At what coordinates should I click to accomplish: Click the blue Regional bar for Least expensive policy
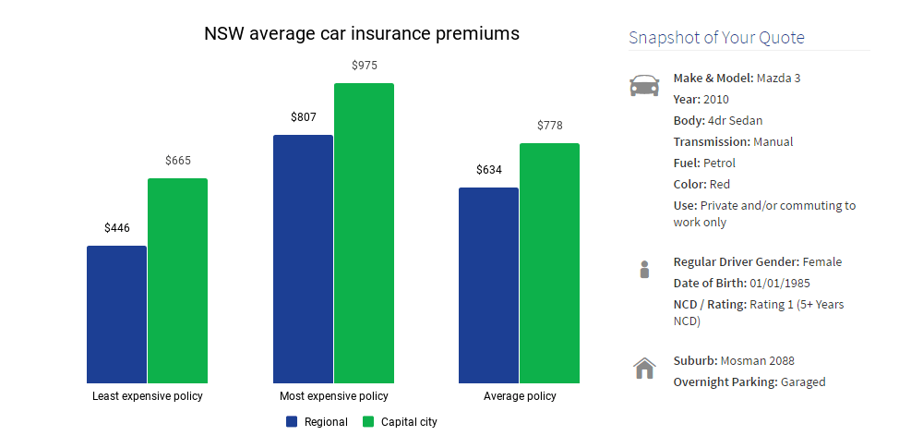point(116,314)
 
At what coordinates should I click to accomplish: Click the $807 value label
point(303,117)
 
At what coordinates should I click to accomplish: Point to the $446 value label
point(116,227)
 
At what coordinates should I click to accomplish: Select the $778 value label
point(549,126)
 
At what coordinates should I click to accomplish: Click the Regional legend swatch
point(292,422)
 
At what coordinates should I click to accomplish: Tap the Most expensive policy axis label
point(334,396)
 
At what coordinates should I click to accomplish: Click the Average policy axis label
point(520,396)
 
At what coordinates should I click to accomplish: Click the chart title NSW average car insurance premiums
point(362,34)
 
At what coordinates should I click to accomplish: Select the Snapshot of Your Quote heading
point(716,38)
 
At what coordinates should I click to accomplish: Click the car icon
point(644,86)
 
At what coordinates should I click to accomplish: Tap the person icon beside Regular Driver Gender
point(644,270)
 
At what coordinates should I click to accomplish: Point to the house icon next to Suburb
point(644,369)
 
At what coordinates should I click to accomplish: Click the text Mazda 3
point(778,79)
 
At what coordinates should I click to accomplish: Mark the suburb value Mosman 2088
point(758,361)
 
